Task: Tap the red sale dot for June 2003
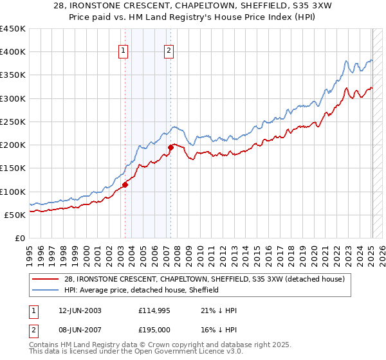(x=125, y=184)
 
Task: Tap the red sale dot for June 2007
(x=171, y=147)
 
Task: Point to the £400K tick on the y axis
(x=12, y=52)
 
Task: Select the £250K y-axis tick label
(x=12, y=122)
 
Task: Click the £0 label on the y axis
(x=19, y=238)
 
